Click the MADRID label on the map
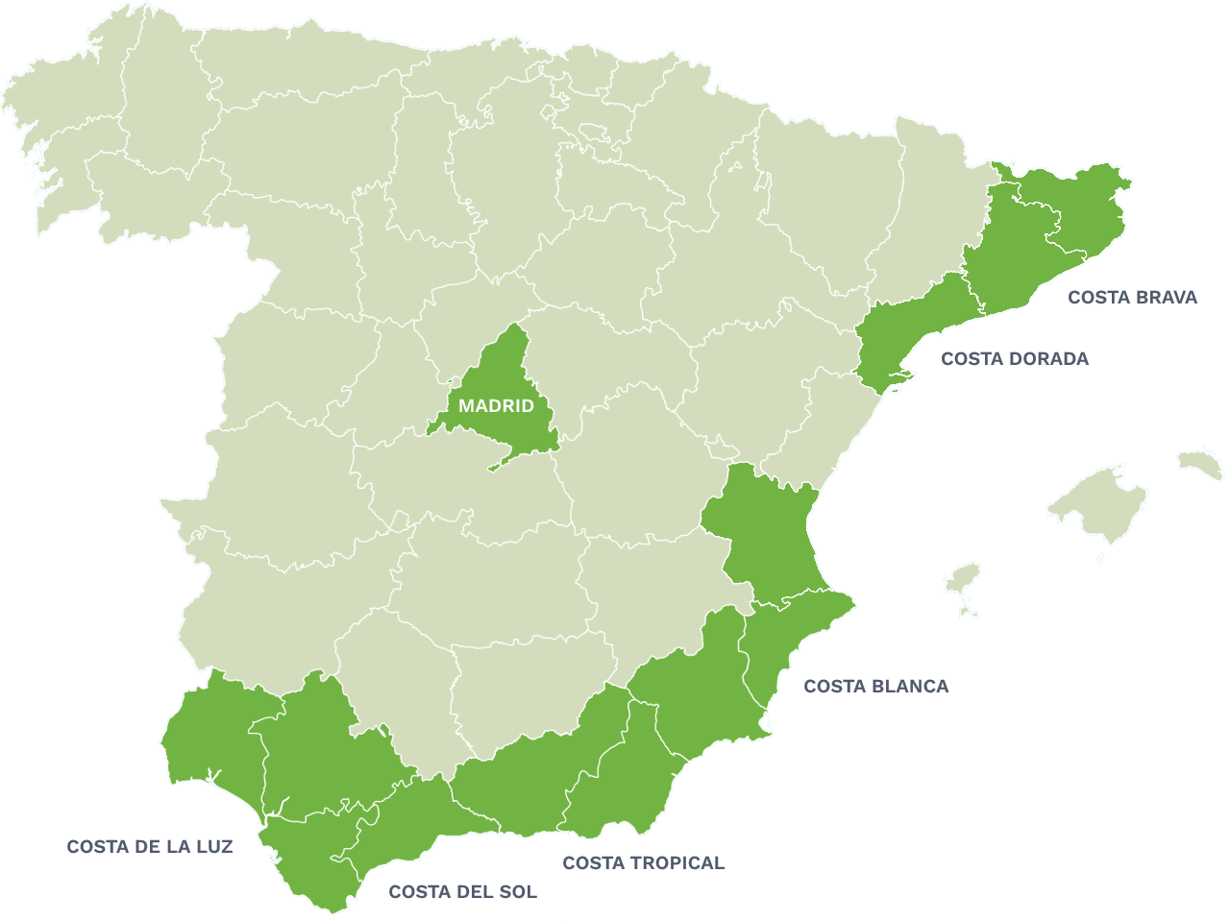tap(496, 406)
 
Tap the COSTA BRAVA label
tap(1132, 298)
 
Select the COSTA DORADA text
tap(1015, 359)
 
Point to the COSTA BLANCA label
tap(875, 687)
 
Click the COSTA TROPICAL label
tap(643, 863)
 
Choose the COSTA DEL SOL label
tap(462, 892)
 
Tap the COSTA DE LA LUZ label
tap(150, 847)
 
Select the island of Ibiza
tap(962, 578)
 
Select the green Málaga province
tap(413, 816)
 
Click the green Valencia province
tap(764, 528)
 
